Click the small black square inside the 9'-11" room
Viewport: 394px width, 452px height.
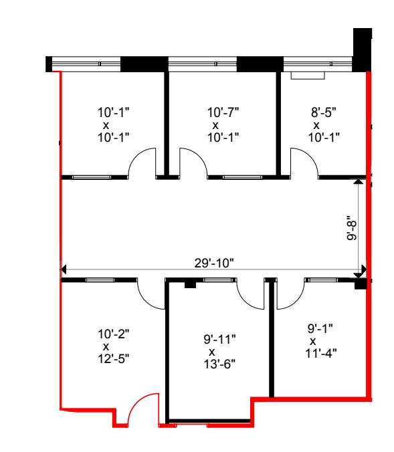(189, 285)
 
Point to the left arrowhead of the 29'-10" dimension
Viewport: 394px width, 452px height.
(64, 270)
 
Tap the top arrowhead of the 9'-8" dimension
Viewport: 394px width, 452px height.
(360, 181)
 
